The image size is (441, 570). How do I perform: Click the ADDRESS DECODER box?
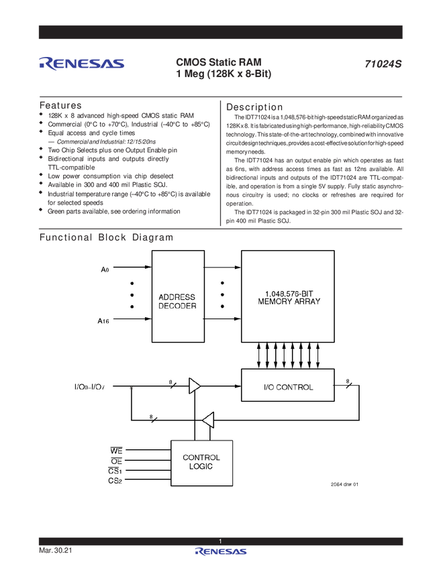pyautogui.click(x=177, y=296)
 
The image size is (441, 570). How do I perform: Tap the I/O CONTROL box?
pyautogui.click(x=287, y=387)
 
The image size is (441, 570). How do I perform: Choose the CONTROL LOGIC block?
pyautogui.click(x=201, y=462)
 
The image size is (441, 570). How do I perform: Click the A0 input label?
pyautogui.click(x=105, y=270)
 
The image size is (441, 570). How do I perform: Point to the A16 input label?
pyautogui.click(x=103, y=322)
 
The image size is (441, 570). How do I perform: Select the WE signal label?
pyautogui.click(x=115, y=449)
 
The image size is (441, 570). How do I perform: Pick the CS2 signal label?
pyautogui.click(x=115, y=481)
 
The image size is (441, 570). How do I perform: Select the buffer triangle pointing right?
pyautogui.click(x=195, y=386)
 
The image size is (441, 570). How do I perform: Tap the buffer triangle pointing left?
pyautogui.click(x=209, y=420)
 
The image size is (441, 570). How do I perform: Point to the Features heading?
pyautogui.click(x=61, y=106)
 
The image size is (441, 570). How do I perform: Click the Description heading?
pyautogui.click(x=254, y=106)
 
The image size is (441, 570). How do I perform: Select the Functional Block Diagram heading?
pyautogui.click(x=107, y=237)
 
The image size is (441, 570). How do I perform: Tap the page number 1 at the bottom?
pyautogui.click(x=220, y=541)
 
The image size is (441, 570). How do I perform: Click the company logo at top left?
pyautogui.click(x=81, y=64)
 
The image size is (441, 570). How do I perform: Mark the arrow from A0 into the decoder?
pyautogui.click(x=132, y=269)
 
